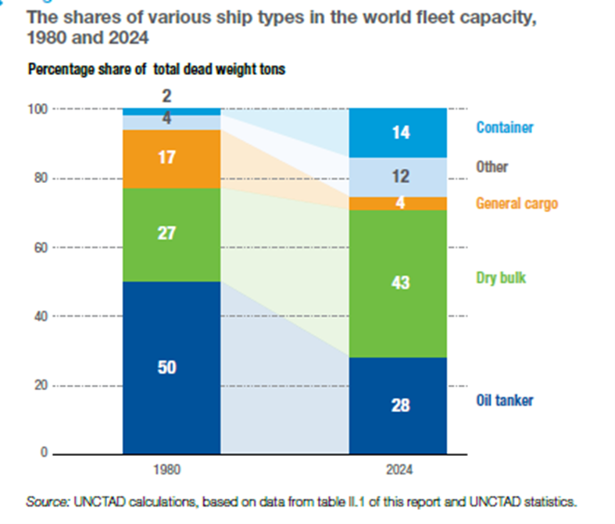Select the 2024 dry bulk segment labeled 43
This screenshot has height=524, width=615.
point(398,283)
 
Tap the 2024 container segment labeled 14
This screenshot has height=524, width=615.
point(398,133)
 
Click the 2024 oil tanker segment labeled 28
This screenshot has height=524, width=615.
point(398,405)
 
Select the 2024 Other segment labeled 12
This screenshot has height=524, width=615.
point(398,178)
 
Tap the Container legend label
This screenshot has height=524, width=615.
point(505,127)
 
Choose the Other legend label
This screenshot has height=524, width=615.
point(492,167)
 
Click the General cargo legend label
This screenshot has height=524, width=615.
point(517,203)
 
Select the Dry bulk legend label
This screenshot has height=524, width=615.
point(499,277)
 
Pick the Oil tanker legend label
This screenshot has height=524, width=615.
point(504,400)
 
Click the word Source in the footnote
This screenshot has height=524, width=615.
point(44,501)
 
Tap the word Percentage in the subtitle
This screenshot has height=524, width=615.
point(59,70)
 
